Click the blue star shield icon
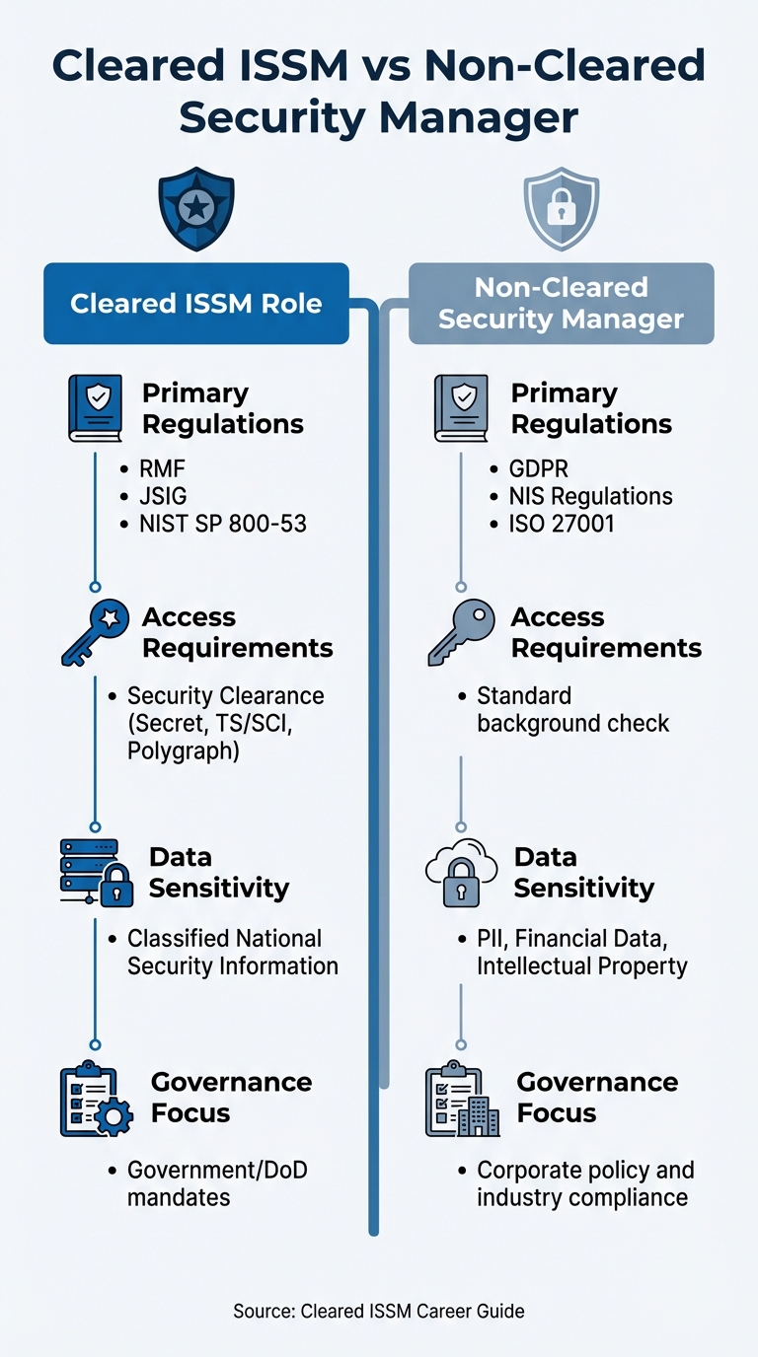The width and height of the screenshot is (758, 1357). coord(196,208)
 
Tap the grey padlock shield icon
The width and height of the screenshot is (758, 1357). coord(561,208)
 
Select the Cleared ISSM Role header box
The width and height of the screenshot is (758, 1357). coord(196,303)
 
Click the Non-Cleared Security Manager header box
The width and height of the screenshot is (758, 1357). coord(561,303)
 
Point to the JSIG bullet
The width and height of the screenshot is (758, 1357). coord(165,496)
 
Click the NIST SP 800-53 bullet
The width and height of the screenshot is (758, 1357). coord(223,524)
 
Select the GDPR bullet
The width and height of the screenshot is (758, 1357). coord(539,468)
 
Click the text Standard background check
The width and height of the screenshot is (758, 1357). coord(572,709)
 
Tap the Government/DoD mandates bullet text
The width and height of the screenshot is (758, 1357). coord(217,1183)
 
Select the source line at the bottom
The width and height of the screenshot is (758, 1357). coord(379,1311)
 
